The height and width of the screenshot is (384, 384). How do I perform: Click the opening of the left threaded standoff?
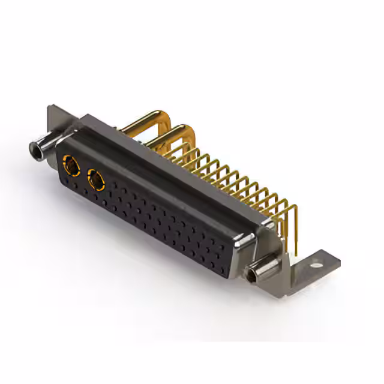pyautogui.click(x=33, y=147)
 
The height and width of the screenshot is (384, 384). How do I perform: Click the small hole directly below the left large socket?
pyautogui.click(x=67, y=182)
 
